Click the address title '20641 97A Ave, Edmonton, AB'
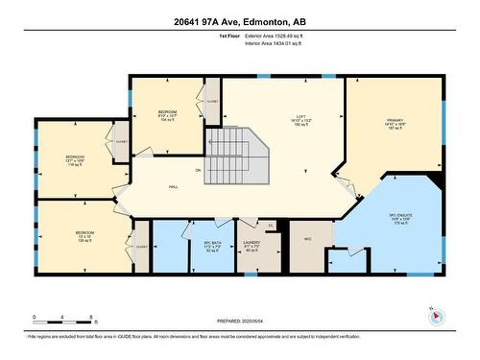tap(240, 21)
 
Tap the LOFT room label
tap(300, 120)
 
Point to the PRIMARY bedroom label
tap(394, 120)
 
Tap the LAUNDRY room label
tap(252, 245)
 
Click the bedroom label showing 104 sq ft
tap(167, 116)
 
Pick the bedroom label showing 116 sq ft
tap(75, 159)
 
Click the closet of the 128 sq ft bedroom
tap(141, 246)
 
